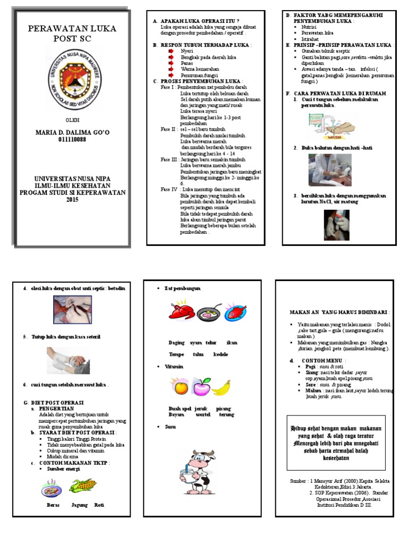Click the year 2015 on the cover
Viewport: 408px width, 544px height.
[x=72, y=199]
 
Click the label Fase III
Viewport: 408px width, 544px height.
[x=169, y=159]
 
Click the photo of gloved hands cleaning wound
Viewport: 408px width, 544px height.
[x=336, y=225]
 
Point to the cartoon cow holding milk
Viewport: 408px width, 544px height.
[x=197, y=467]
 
